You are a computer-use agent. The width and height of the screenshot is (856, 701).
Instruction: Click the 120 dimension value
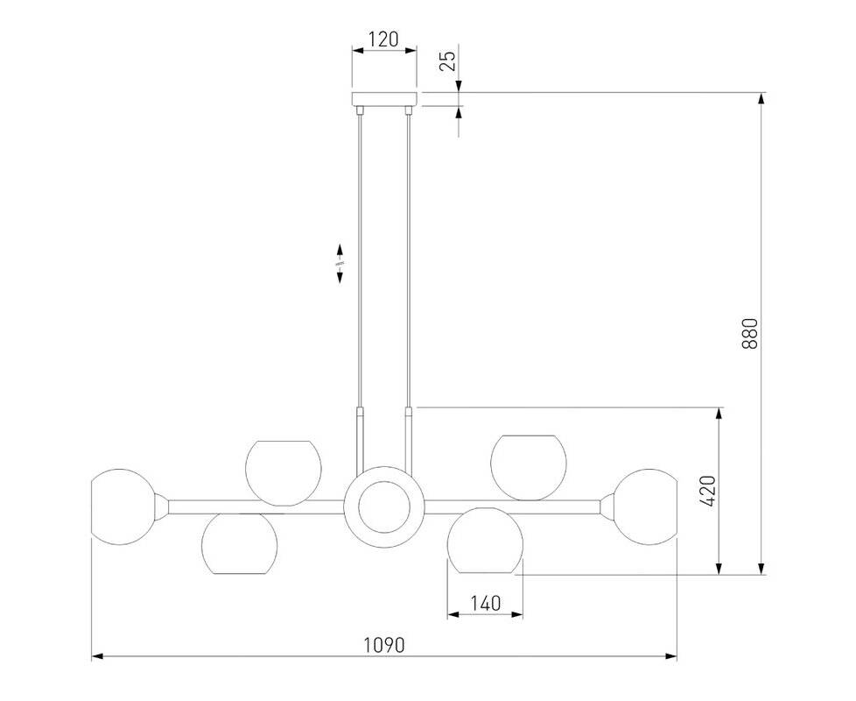tap(383, 39)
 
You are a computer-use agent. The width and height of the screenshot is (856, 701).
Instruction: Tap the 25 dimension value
tap(447, 60)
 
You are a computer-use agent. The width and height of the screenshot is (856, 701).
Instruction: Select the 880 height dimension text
tap(751, 334)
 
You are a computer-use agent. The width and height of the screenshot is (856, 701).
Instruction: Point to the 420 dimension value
tap(707, 492)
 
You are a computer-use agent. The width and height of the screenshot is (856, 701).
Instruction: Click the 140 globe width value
tap(485, 603)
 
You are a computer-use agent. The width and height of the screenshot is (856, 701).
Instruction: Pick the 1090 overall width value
tap(384, 645)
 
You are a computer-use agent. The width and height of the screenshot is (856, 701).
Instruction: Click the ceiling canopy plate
tap(384, 99)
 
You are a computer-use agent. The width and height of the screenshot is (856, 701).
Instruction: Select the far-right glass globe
tap(645, 506)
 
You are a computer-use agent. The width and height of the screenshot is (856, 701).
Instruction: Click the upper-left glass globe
tap(284, 472)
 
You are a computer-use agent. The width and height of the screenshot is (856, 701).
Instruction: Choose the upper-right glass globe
tap(529, 468)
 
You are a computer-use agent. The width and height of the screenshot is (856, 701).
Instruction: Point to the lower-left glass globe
tap(239, 543)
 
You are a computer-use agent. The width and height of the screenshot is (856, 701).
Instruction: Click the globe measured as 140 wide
tap(485, 541)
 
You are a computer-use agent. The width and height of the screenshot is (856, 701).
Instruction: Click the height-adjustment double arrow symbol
tap(340, 264)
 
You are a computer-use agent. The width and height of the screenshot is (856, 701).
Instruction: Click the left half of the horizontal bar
tap(256, 507)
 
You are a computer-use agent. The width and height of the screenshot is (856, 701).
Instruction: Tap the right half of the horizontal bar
tap(512, 507)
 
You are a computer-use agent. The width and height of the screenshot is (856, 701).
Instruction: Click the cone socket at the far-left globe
tap(162, 506)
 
